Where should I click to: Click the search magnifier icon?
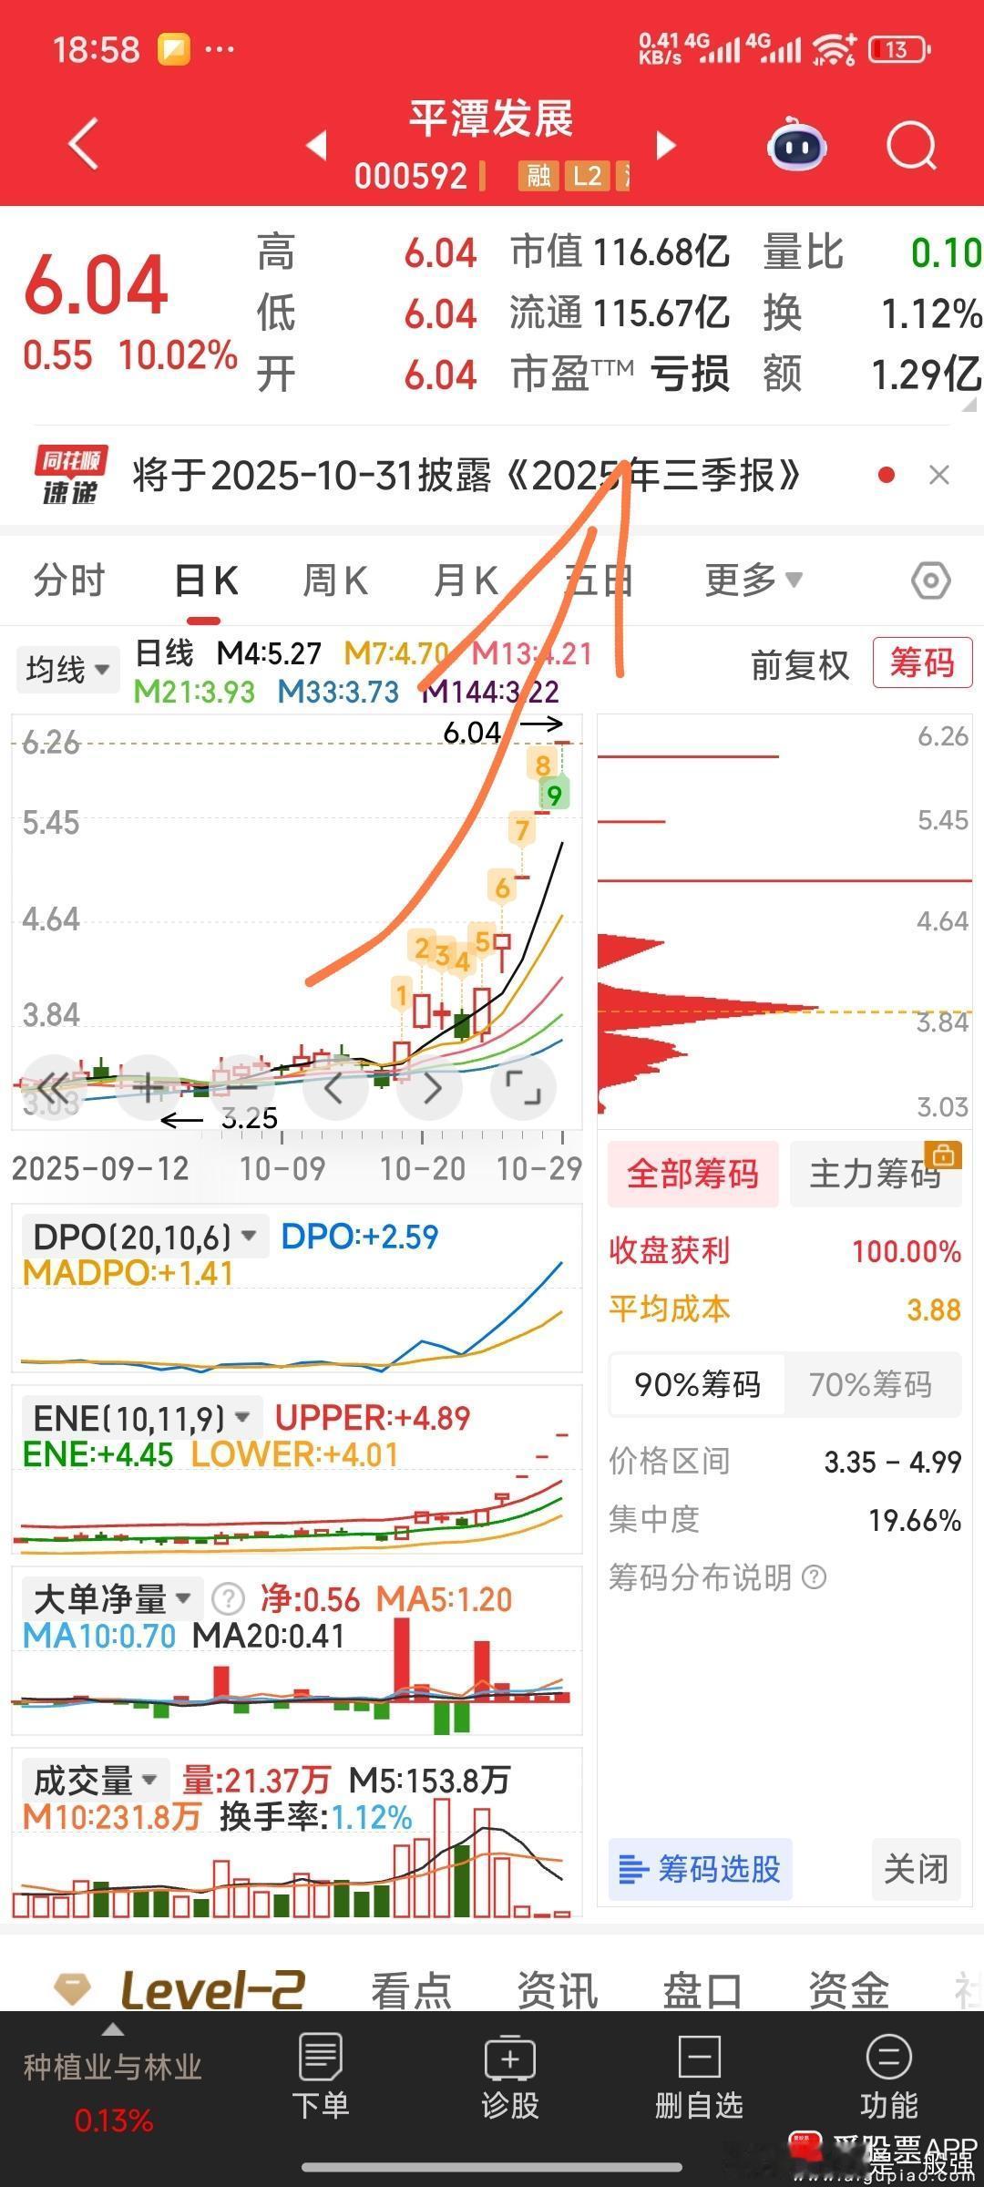(911, 146)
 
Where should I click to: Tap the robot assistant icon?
(797, 146)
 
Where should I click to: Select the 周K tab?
(335, 580)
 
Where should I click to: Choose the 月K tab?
(466, 580)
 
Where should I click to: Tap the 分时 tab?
(69, 580)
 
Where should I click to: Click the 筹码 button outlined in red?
(921, 662)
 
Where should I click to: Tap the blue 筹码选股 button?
(700, 1869)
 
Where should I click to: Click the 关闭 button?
(916, 1869)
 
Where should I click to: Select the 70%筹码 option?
(870, 1384)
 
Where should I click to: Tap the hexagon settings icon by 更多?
(930, 580)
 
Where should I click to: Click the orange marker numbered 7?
(522, 829)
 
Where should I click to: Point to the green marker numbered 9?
(554, 795)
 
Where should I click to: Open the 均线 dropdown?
(67, 670)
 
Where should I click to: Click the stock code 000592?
(411, 175)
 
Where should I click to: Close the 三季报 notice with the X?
(938, 475)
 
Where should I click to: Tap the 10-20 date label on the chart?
(423, 1168)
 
